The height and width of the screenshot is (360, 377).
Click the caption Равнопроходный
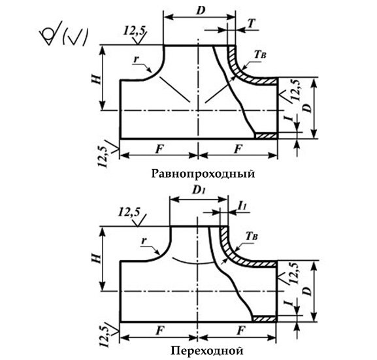[x=203, y=174]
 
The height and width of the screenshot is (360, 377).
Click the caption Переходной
[x=206, y=351]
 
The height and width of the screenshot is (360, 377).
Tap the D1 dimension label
[x=199, y=191]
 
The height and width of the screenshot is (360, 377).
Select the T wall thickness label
[x=251, y=24]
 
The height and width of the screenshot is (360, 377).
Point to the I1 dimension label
[x=242, y=205]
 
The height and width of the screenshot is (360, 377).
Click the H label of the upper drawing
[x=96, y=78]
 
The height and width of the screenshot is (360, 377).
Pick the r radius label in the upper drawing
[x=137, y=59]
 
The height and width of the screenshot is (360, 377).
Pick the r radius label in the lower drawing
[x=144, y=240]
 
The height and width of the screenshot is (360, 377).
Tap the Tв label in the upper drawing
[x=260, y=55]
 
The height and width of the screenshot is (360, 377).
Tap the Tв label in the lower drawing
[x=252, y=237]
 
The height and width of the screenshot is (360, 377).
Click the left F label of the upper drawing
[x=159, y=149]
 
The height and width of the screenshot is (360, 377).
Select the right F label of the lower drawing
[x=240, y=331]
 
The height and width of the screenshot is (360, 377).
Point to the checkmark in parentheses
[x=74, y=37]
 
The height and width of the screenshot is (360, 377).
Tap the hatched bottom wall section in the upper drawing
[x=267, y=136]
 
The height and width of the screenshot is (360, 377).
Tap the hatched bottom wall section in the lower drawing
[x=265, y=319]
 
